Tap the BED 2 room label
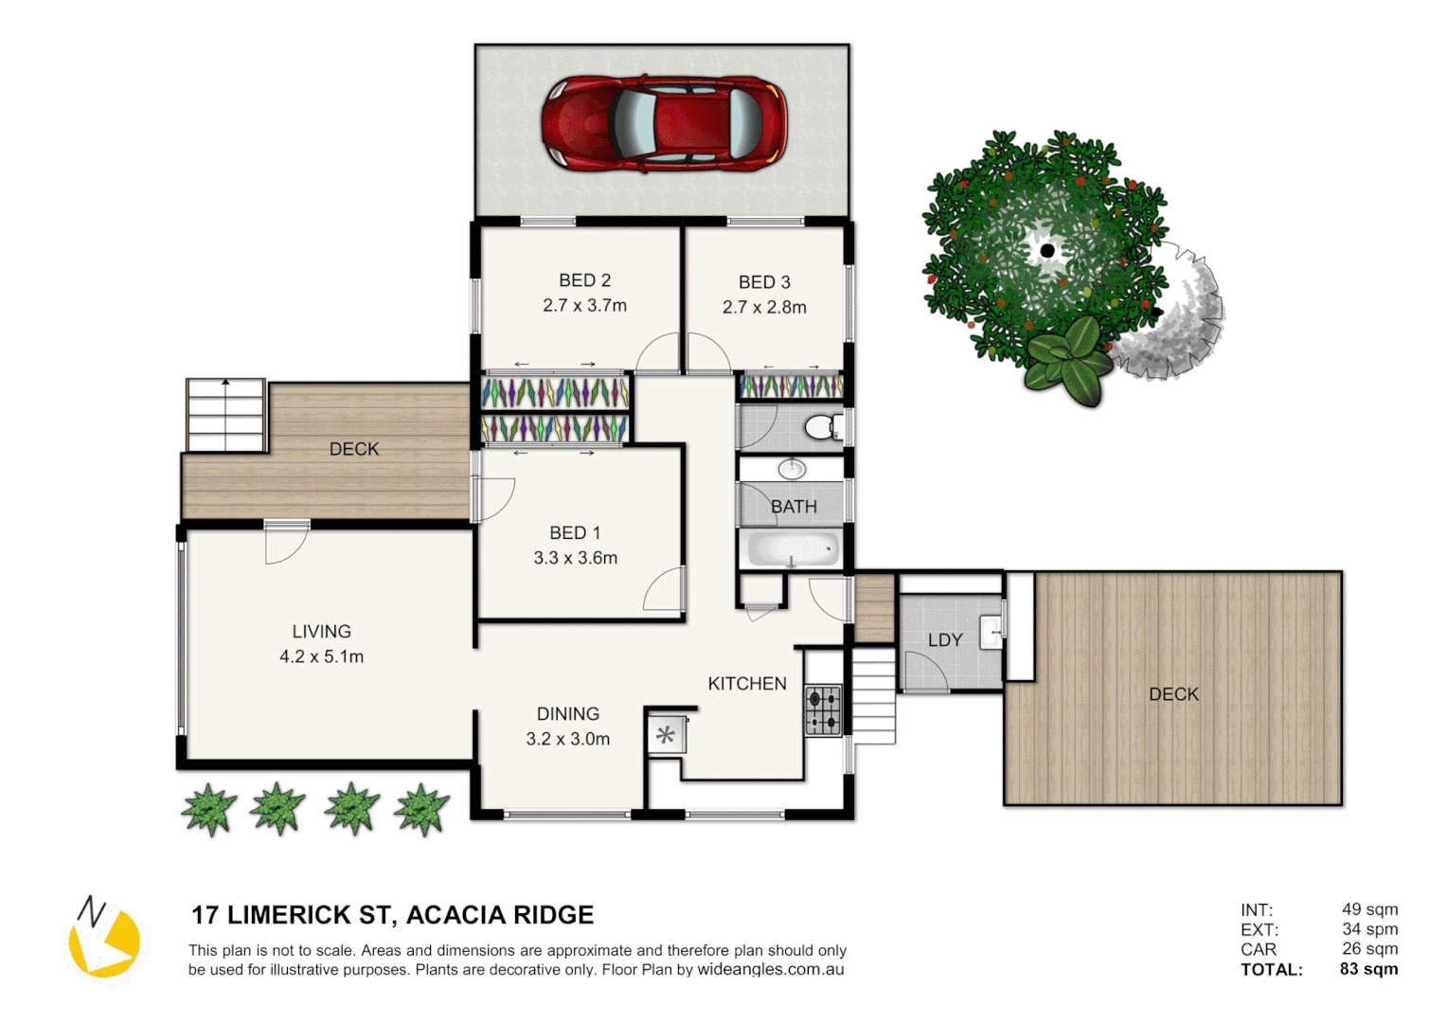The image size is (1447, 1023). click(584, 280)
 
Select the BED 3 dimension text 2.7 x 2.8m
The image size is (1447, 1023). click(764, 308)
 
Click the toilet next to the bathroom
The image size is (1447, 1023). click(821, 427)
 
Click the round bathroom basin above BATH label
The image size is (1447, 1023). click(792, 468)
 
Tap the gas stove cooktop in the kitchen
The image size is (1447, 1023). click(823, 710)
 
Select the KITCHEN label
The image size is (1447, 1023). click(747, 684)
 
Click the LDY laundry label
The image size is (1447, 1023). click(944, 640)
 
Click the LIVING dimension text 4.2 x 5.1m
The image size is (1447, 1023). click(321, 657)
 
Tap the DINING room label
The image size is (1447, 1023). click(567, 714)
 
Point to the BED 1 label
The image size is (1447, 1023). click(575, 533)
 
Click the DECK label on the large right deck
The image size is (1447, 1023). click(1173, 694)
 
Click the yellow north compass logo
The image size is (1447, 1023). click(104, 938)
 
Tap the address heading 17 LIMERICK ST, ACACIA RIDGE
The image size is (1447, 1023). click(392, 915)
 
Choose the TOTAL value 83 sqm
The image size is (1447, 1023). click(1368, 969)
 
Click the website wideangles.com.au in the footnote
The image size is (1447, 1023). click(770, 970)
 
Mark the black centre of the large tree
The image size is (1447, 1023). click(1046, 250)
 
